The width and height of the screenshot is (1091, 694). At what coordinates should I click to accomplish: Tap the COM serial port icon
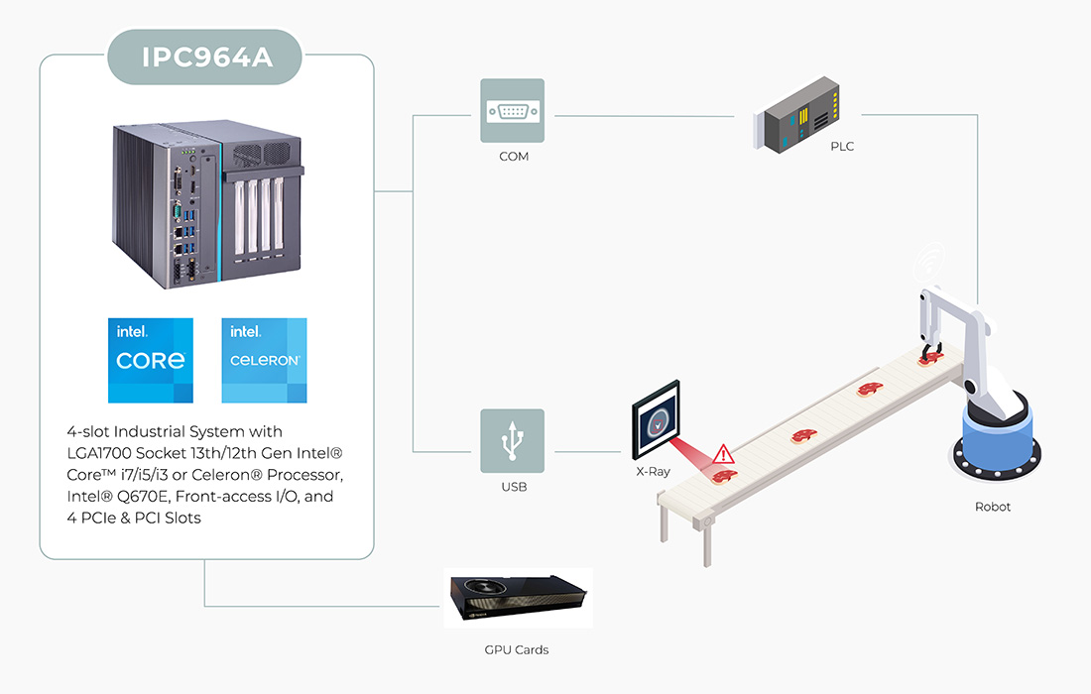tap(513, 111)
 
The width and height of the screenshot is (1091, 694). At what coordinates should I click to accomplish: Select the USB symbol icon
tap(513, 440)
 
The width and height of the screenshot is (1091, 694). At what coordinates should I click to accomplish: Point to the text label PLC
tap(842, 147)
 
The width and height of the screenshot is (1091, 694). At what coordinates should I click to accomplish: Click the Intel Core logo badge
tap(151, 360)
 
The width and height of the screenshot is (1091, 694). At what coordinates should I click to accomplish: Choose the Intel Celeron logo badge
tap(264, 360)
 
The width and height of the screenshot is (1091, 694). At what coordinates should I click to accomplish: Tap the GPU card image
tap(517, 597)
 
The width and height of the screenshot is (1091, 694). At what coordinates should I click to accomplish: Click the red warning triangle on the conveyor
tap(725, 454)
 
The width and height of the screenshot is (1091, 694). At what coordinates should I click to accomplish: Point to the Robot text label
tap(993, 507)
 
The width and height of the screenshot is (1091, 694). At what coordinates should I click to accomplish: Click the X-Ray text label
tap(653, 472)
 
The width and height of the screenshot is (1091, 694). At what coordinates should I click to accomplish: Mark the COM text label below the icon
tap(513, 157)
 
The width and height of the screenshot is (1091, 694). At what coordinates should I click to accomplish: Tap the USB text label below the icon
tap(513, 487)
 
